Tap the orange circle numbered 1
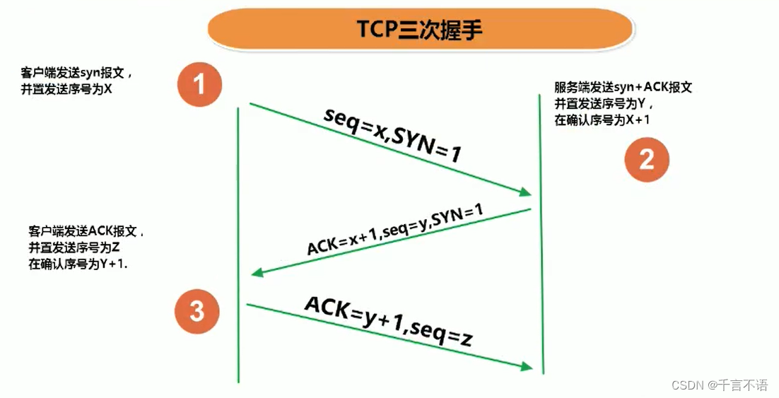(199, 86)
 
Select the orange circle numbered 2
(646, 160)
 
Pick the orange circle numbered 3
(197, 311)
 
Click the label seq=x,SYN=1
(392, 134)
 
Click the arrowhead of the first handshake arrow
(525, 192)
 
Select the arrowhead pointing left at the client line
(259, 273)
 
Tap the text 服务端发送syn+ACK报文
(623, 88)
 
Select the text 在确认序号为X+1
(602, 120)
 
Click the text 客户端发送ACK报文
(87, 232)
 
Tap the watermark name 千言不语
(743, 385)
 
